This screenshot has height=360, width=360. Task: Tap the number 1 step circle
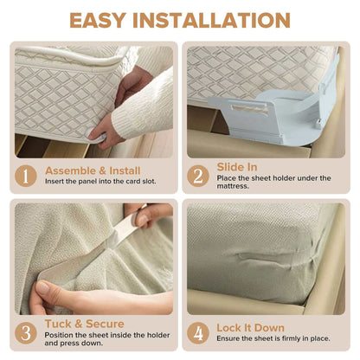27,177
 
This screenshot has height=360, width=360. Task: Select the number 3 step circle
27,333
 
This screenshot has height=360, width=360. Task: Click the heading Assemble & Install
92,170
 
